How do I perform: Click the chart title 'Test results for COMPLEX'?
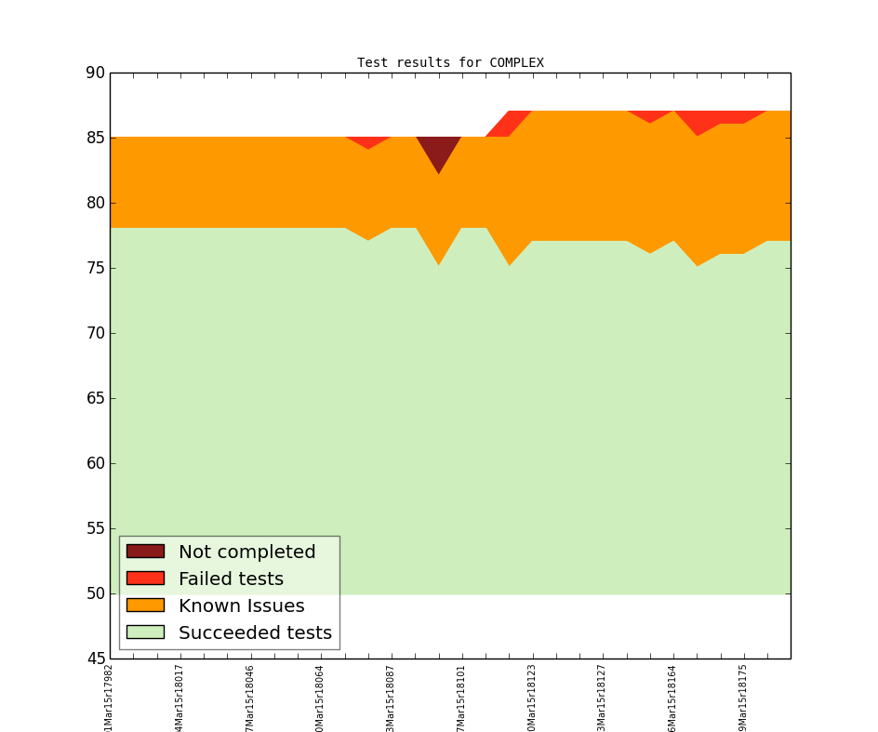pos(450,63)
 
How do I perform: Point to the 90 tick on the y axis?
pos(95,73)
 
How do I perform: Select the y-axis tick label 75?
pos(95,268)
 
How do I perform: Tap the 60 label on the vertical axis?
pos(95,463)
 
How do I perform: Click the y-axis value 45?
pos(95,659)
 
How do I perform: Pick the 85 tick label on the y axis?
pos(95,138)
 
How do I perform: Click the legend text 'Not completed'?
pos(246,552)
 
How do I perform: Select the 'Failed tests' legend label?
pos(231,579)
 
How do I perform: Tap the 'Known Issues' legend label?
pos(241,606)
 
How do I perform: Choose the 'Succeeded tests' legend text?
pos(255,633)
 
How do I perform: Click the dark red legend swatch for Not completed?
pos(145,552)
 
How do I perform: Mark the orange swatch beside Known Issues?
pos(145,606)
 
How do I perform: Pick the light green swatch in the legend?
pos(145,632)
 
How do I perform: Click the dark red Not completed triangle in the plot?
pos(438,149)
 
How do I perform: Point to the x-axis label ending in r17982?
pos(110,697)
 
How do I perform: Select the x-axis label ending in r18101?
pos(461,697)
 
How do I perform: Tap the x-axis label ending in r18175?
pos(743,697)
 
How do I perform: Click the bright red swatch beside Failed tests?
pos(145,579)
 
